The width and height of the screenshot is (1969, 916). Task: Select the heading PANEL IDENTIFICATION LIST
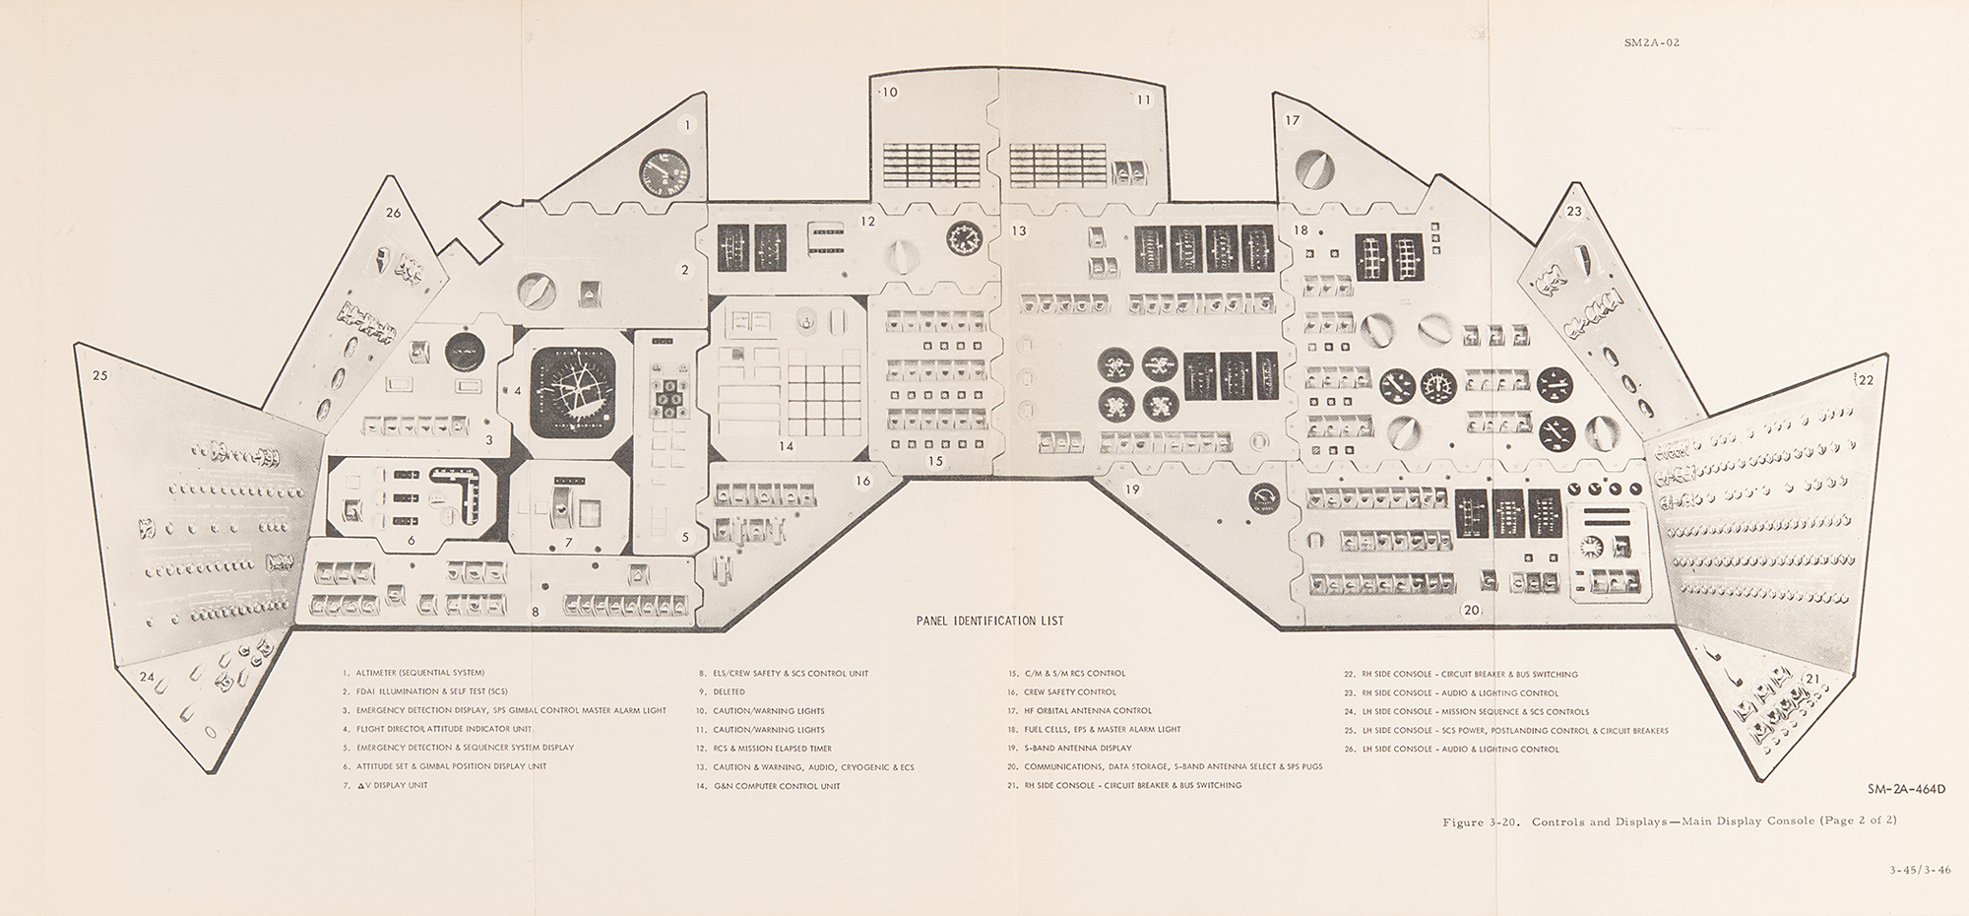coord(988,622)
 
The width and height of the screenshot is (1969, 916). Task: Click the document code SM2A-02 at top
coord(1651,42)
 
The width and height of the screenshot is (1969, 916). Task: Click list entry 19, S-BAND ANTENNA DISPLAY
coord(1069,748)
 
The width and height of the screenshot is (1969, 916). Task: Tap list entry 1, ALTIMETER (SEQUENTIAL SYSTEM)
coord(413,673)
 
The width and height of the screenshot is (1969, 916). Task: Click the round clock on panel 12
coord(962,237)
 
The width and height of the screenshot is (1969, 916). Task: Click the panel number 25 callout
coord(99,375)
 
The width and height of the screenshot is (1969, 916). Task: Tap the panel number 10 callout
coord(889,93)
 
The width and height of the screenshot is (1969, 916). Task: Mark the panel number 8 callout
coord(536,612)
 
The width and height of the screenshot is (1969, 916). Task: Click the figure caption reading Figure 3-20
coord(1669,820)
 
